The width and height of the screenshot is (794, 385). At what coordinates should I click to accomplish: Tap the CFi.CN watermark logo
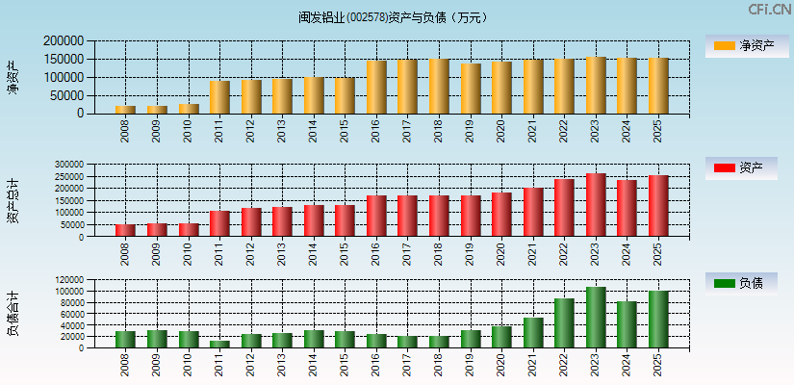click(770, 10)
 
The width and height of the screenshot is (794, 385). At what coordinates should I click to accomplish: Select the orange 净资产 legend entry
click(742, 45)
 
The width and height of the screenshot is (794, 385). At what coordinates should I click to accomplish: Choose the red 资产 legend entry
click(742, 168)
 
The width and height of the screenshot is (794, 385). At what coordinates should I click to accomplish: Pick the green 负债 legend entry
click(742, 283)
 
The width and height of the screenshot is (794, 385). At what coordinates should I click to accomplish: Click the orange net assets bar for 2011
click(219, 97)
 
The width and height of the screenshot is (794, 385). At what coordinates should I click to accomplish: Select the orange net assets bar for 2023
click(596, 86)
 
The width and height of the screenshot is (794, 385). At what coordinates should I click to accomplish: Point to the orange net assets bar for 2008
click(125, 110)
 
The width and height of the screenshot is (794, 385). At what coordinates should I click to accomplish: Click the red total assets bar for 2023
click(596, 205)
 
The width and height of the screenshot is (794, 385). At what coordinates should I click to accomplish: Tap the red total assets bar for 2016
click(376, 217)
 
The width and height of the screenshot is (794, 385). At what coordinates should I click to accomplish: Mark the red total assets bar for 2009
click(157, 230)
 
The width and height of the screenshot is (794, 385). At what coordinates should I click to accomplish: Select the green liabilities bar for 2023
click(596, 318)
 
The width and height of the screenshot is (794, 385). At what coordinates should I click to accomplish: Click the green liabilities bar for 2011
click(219, 344)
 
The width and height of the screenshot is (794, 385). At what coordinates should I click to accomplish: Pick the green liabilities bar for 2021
click(533, 333)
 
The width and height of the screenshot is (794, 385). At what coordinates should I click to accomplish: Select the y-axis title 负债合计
click(13, 313)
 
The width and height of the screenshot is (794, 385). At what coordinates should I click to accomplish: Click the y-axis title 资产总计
click(13, 200)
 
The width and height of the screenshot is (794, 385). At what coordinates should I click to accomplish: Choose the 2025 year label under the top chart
click(658, 131)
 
